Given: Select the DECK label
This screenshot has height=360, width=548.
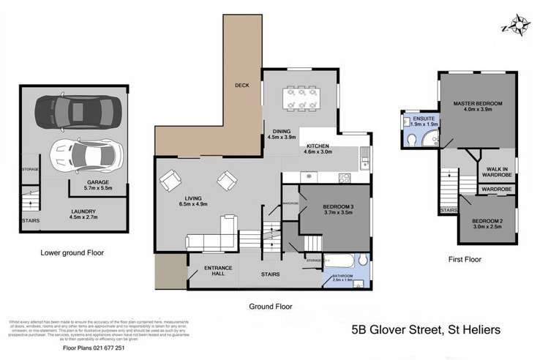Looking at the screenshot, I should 242,86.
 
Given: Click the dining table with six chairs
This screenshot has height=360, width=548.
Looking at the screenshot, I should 301,99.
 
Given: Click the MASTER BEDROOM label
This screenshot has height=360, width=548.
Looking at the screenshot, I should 478,104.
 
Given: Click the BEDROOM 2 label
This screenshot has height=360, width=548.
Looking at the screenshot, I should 487,221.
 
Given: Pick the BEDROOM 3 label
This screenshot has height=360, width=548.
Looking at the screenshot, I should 339,207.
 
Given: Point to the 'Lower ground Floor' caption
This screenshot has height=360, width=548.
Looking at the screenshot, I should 72,252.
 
